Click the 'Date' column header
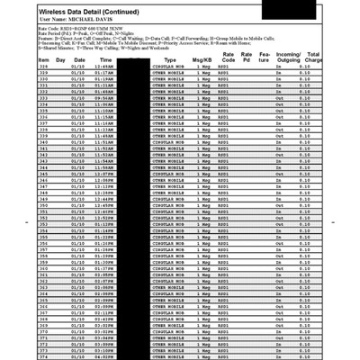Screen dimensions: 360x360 [x=80, y=59]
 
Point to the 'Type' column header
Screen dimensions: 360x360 [x=170, y=59]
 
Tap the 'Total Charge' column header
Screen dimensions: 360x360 [x=315, y=57]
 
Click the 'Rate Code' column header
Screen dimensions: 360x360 [x=229, y=57]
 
